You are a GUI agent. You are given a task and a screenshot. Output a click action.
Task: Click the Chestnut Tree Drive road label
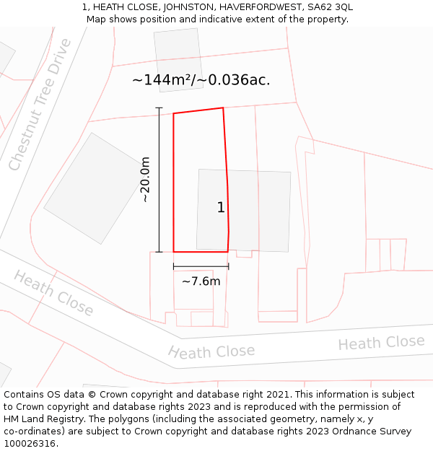(x=40, y=105)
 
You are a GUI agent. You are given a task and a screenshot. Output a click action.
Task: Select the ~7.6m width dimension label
(x=201, y=281)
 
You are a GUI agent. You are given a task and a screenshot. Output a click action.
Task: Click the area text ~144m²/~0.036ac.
(x=201, y=80)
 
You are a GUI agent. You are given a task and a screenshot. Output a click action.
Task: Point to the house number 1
(x=221, y=208)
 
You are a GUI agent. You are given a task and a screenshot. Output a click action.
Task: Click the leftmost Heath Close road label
(x=53, y=294)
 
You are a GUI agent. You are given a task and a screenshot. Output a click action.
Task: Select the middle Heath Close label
(x=211, y=351)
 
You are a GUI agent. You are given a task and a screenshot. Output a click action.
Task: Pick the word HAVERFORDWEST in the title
(x=255, y=7)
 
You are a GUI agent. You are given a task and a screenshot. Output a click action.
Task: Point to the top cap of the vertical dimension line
(x=159, y=108)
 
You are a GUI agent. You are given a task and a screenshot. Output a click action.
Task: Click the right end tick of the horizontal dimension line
(x=228, y=266)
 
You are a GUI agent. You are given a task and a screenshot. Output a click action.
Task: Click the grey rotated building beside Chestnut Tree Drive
(x=86, y=188)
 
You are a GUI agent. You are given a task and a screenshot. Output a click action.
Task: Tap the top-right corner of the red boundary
(x=223, y=108)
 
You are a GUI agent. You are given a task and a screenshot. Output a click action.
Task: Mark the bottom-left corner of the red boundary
(x=174, y=252)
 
